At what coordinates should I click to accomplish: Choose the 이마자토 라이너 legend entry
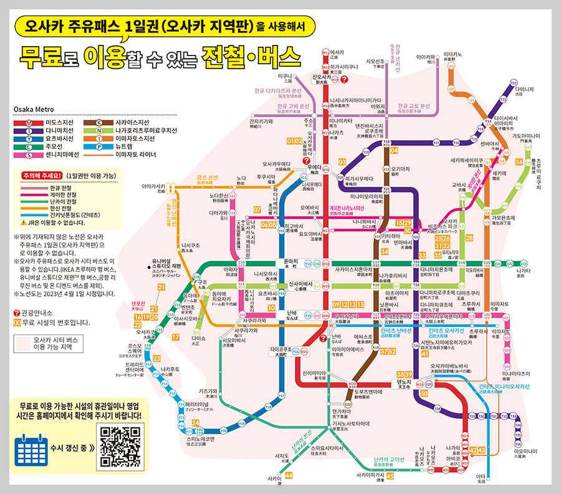pyautogui.click(x=136, y=154)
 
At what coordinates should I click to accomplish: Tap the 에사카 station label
pyautogui.click(x=337, y=52)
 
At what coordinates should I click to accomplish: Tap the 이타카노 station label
pyautogui.click(x=453, y=55)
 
